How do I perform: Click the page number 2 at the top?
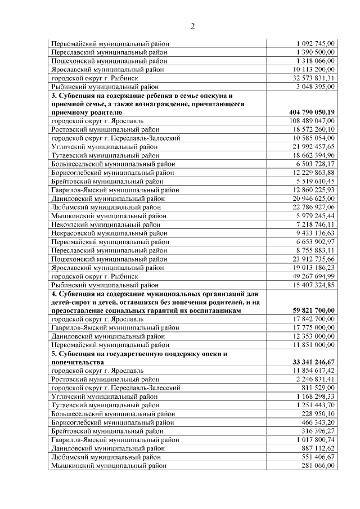click(x=192, y=26)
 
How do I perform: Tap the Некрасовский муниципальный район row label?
click(x=109, y=233)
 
